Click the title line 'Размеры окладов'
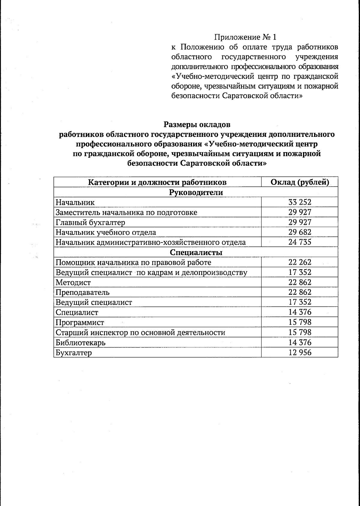(197, 124)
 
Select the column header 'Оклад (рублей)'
(300, 182)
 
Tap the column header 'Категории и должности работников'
(157, 182)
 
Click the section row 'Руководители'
(196, 192)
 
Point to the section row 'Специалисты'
(196, 252)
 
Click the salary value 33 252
(300, 202)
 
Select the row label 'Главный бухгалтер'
(90, 222)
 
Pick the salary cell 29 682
(300, 232)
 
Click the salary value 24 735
(300, 242)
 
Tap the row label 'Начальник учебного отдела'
(106, 232)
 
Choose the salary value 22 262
(300, 262)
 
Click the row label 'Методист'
(73, 282)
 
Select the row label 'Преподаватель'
(82, 292)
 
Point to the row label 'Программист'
(80, 322)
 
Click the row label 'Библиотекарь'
(80, 342)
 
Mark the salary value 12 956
(300, 353)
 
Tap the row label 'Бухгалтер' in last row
(74, 353)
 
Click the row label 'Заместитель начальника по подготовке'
(126, 212)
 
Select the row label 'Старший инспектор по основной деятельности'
(140, 333)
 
